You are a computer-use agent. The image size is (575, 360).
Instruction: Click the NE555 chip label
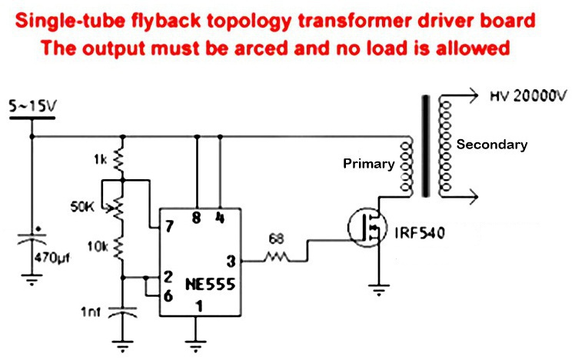(x=210, y=285)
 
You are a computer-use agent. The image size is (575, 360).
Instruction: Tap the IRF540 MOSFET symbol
(x=367, y=228)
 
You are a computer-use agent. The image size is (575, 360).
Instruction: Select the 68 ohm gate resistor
(x=277, y=256)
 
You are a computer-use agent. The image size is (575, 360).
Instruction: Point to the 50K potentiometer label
(x=82, y=207)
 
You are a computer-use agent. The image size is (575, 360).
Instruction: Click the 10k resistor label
(x=98, y=247)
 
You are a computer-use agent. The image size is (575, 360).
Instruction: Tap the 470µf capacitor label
(x=52, y=258)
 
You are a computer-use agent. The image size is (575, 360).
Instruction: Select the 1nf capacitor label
(x=90, y=312)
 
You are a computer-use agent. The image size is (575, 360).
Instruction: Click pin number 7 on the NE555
(x=169, y=226)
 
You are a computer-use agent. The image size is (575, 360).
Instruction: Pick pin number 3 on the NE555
(x=231, y=262)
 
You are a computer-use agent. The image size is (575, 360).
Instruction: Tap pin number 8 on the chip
(x=197, y=218)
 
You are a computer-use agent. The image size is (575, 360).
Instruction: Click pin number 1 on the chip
(x=199, y=306)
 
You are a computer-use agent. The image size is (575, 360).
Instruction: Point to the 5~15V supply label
(x=33, y=106)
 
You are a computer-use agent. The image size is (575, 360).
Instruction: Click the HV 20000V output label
(x=528, y=96)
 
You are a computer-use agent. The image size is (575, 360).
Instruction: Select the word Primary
(x=368, y=163)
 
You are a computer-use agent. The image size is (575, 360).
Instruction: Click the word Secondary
(x=492, y=144)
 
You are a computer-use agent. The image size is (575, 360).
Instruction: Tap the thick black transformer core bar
(x=425, y=146)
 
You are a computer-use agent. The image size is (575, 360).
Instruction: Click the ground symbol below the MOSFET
(x=378, y=289)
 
